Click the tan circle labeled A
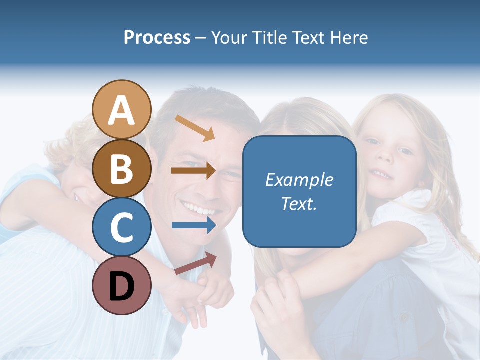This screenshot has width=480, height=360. coord(121,110)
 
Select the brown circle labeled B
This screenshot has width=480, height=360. coord(121,168)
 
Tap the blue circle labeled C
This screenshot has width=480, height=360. coord(121,227)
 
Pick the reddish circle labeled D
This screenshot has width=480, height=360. coord(121,285)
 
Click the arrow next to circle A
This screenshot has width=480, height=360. coord(195,128)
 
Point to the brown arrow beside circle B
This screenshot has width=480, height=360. coord(193,170)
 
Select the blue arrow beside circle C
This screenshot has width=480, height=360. coord(193,225)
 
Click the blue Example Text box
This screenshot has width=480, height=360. coord(299,191)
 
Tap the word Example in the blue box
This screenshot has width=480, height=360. coord(299,180)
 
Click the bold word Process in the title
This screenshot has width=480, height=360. coord(157,37)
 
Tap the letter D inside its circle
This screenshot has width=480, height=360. coord(121,286)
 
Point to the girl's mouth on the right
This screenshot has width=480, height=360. coord(383,174)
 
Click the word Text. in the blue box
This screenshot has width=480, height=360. coord(299,203)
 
